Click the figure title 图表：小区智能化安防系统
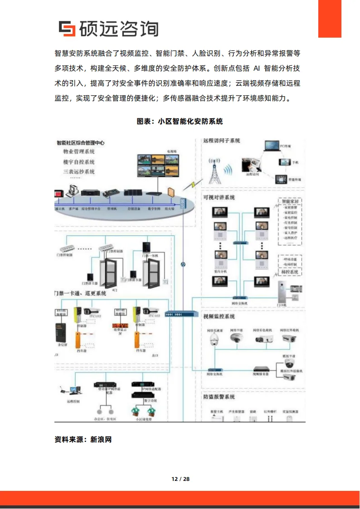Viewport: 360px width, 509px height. click(x=180, y=121)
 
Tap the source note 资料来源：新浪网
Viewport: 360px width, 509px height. click(x=83, y=439)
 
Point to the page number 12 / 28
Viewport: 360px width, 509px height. click(x=180, y=479)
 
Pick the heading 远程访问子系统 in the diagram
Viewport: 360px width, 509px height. click(x=222, y=141)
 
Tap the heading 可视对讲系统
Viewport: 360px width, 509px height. click(x=219, y=197)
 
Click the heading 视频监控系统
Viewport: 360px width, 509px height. click(x=219, y=316)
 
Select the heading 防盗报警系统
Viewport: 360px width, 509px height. click(x=219, y=397)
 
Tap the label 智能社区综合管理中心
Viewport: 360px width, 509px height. click(x=81, y=142)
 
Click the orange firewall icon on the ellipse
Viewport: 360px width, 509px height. click(x=170, y=192)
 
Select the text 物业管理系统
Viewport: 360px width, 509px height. click(x=79, y=152)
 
